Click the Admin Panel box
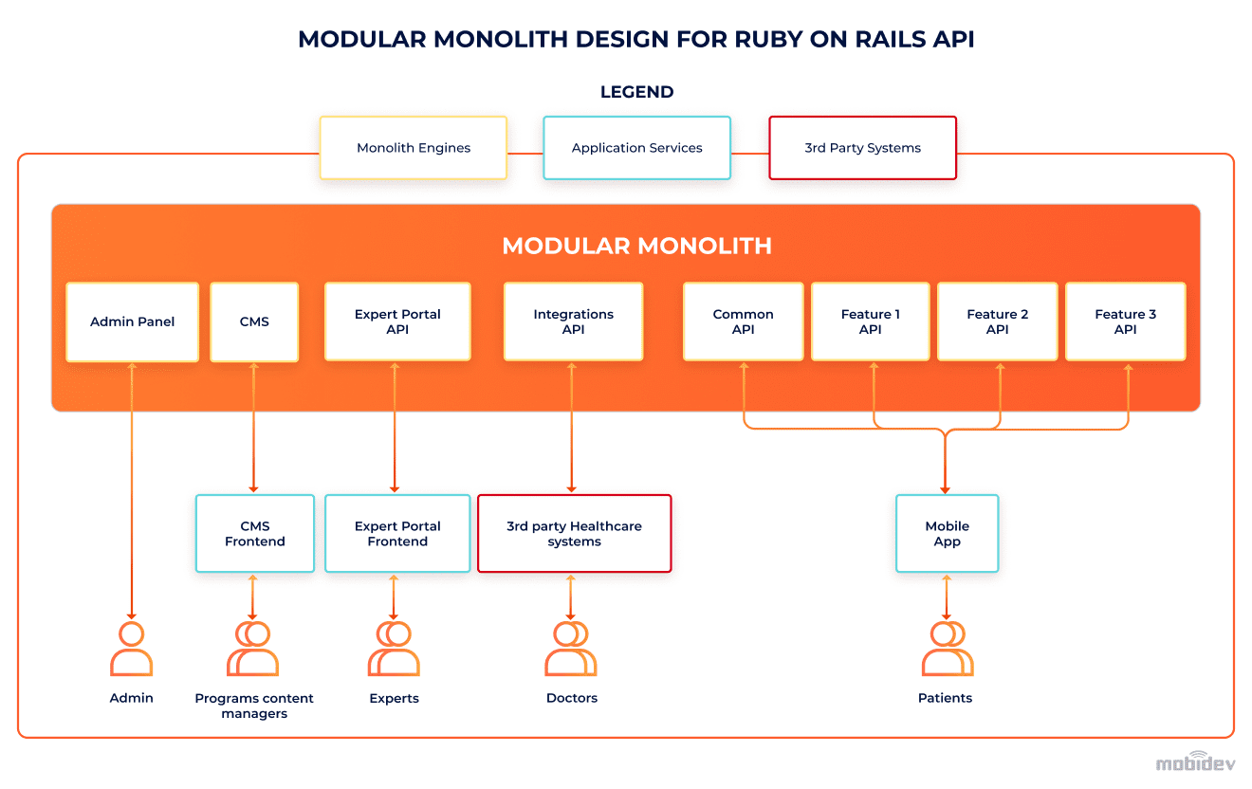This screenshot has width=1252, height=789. tap(132, 322)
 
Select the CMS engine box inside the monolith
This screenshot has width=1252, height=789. tap(254, 322)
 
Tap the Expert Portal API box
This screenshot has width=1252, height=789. tap(397, 322)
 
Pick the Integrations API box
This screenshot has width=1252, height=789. tap(573, 322)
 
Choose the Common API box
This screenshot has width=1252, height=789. tap(743, 322)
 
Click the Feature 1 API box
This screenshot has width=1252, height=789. tap(870, 322)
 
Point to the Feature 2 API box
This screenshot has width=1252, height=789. tap(997, 322)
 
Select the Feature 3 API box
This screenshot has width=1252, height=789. tap(1125, 322)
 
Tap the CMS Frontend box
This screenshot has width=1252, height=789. tap(254, 534)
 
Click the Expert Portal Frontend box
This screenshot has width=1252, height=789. tap(397, 534)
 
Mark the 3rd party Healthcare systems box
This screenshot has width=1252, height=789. tap(574, 534)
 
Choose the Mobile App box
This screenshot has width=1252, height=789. tap(947, 534)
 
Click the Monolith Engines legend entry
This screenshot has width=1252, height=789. tap(414, 148)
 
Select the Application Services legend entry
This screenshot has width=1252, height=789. tap(636, 148)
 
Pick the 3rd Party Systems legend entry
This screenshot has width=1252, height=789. tap(862, 148)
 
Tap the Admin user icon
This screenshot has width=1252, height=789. tap(131, 649)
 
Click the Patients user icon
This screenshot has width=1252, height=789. tap(947, 649)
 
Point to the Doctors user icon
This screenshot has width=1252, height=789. tap(571, 649)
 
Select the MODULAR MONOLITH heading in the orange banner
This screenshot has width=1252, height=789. tap(636, 247)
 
